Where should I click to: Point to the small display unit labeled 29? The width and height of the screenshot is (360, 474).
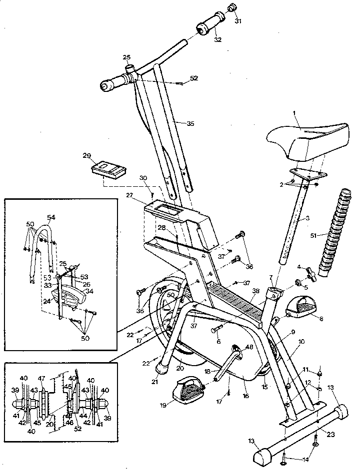(x=109, y=168)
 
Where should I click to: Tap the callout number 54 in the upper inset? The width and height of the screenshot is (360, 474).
(x=51, y=217)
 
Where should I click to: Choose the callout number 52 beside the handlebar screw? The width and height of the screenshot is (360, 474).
(x=194, y=78)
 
